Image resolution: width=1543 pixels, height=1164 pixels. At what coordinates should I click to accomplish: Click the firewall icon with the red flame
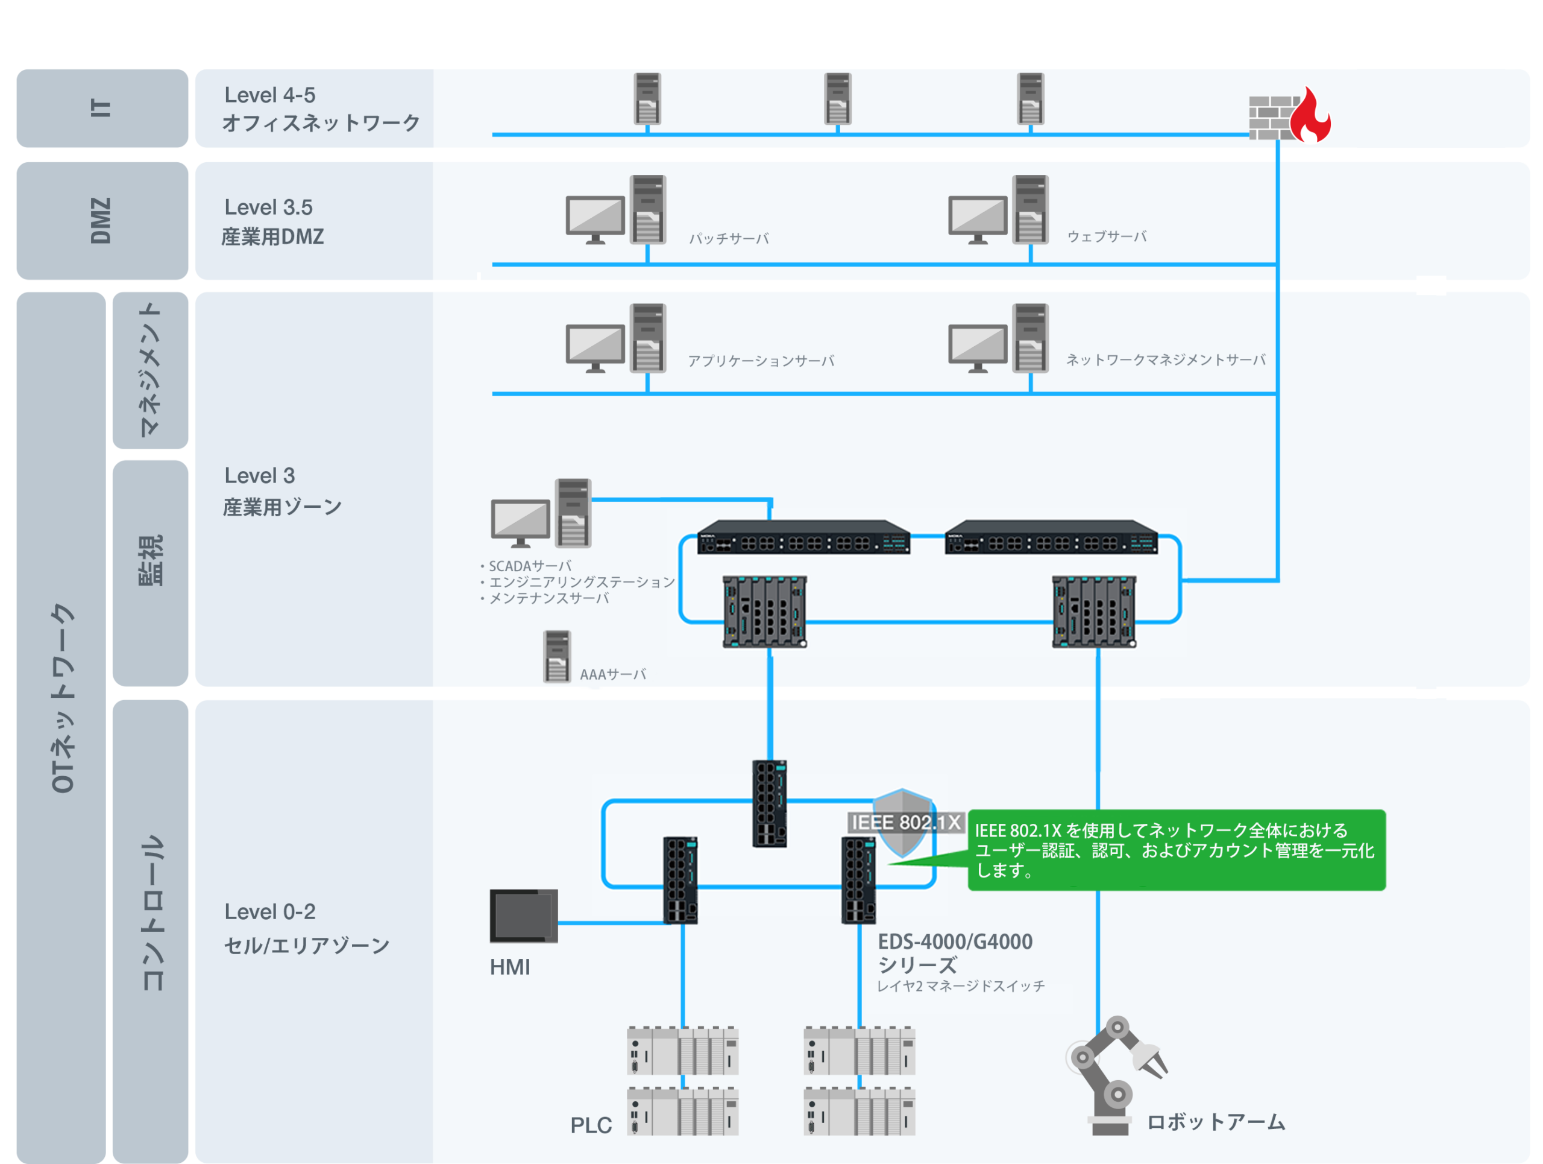pos(1289,115)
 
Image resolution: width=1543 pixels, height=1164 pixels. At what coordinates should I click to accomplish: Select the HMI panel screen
pos(523,916)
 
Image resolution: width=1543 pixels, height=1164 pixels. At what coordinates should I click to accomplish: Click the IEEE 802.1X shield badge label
pos(905,823)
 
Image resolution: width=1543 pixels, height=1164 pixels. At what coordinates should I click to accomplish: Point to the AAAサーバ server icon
pos(557,656)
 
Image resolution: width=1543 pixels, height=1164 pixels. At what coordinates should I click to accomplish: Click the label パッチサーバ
pos(729,239)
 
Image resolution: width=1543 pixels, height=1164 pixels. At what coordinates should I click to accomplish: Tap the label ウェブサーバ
pos(1107,236)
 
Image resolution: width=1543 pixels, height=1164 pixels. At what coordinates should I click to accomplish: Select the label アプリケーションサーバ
pos(761,361)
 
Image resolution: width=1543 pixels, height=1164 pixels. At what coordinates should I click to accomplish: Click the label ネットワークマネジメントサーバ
pos(1166,359)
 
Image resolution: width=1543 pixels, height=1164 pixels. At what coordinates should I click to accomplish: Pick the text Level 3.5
pos(269,207)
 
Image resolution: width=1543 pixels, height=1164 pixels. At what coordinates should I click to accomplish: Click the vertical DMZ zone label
pos(101,221)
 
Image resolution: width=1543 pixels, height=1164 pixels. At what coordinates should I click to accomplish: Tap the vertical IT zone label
pos(101,107)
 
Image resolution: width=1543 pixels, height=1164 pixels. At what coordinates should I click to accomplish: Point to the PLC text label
pos(591,1125)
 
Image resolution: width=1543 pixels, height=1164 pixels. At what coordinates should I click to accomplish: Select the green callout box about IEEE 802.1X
pos(1176,849)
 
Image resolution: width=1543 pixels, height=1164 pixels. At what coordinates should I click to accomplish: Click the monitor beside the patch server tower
pos(595,219)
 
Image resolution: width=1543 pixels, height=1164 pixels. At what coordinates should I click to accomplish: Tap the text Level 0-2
pos(270,911)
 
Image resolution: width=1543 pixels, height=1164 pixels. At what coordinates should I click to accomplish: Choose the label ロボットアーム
pos(1216,1122)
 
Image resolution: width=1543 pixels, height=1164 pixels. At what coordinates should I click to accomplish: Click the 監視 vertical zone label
pos(151,560)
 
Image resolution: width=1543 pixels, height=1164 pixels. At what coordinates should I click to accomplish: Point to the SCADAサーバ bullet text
pos(526,566)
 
